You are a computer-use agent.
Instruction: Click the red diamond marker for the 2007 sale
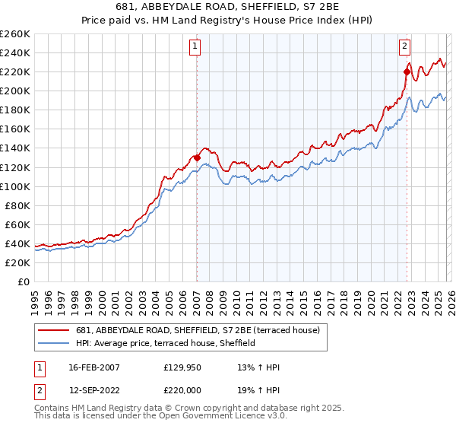point(197,157)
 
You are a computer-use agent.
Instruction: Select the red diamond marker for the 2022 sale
point(407,72)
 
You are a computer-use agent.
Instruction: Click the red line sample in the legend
point(55,330)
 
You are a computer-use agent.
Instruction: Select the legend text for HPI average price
point(165,343)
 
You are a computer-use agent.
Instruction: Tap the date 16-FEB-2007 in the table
point(90,367)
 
